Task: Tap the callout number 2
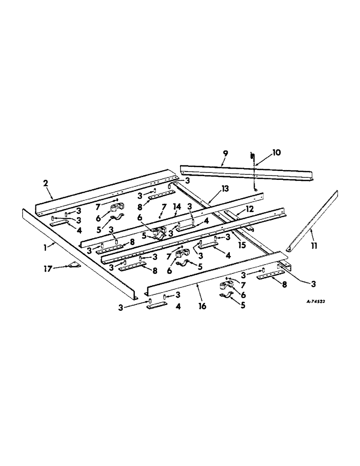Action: point(46,183)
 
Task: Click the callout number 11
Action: point(313,243)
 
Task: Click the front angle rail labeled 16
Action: point(215,274)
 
